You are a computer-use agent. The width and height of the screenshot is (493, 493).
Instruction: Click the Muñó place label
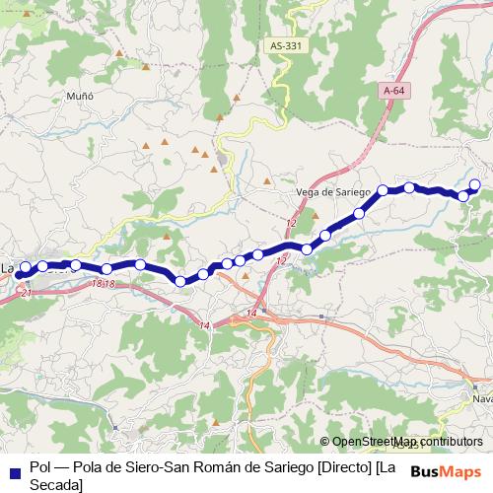78,97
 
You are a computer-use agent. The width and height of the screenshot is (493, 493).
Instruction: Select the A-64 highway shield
394,91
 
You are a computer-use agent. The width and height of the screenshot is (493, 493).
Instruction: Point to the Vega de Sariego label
332,191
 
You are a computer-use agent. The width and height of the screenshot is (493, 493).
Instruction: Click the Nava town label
482,399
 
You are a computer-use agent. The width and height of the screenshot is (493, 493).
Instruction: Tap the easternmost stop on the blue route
475,184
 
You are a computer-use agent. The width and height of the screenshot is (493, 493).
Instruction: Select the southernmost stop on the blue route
181,282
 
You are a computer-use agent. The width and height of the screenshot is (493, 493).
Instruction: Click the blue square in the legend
14,468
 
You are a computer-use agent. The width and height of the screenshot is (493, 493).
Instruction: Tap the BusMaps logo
447,470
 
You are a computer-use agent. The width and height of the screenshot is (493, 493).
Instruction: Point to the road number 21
26,294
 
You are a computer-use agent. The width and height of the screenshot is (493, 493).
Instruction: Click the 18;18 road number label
103,284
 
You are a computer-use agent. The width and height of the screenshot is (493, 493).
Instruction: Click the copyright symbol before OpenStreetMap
324,442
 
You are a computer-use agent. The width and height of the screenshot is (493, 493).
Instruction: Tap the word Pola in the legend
84,466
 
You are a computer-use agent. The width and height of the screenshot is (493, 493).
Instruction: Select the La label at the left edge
7,267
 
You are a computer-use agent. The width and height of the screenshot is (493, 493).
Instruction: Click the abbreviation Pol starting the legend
40,466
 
